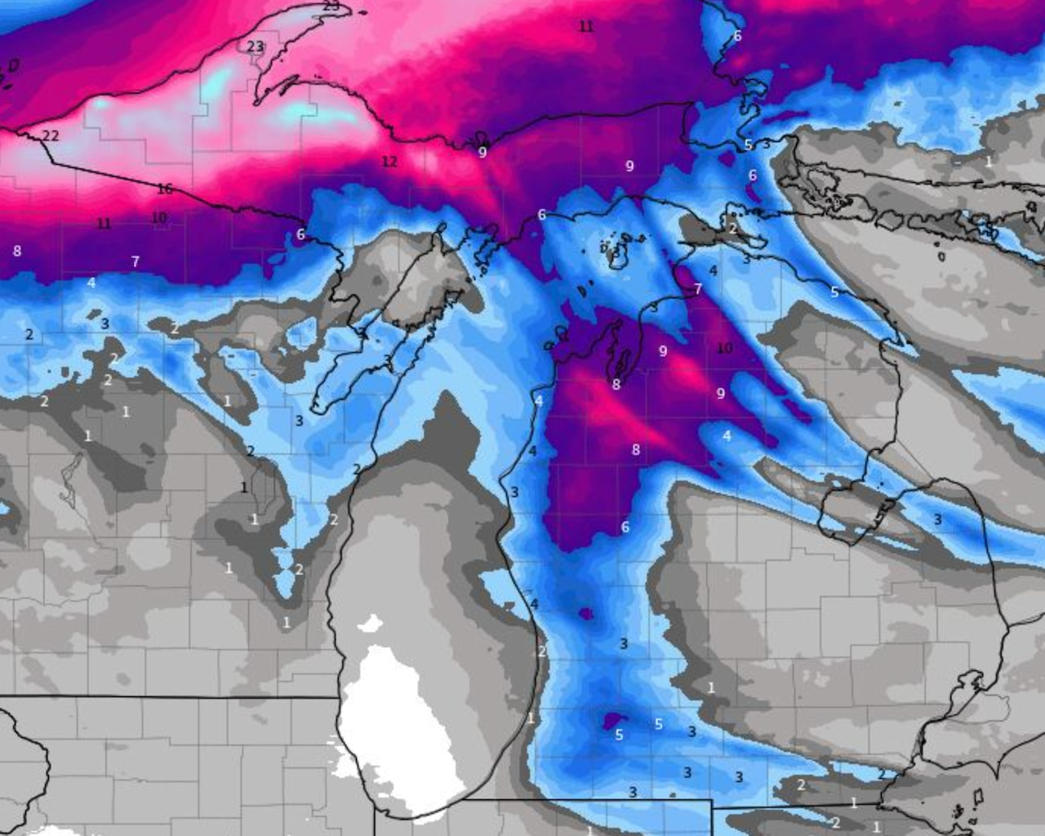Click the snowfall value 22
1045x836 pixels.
(x=51, y=136)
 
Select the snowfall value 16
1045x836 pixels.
(x=165, y=189)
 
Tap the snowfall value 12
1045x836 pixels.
(x=389, y=162)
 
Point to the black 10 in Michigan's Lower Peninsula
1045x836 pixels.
(x=724, y=349)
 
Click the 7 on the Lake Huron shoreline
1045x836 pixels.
(x=698, y=289)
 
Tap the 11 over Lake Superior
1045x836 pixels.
(x=586, y=26)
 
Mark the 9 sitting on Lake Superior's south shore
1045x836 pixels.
(x=482, y=152)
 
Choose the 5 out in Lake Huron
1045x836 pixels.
(x=834, y=291)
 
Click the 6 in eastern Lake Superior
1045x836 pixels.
(x=737, y=36)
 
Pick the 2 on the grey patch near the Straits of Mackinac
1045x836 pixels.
(x=732, y=229)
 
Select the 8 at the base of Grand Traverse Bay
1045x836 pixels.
(x=616, y=385)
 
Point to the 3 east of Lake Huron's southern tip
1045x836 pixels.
(x=938, y=519)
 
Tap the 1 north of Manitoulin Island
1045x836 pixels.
(x=988, y=162)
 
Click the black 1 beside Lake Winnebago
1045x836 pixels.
(x=243, y=487)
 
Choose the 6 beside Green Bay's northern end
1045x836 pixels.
(x=300, y=234)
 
